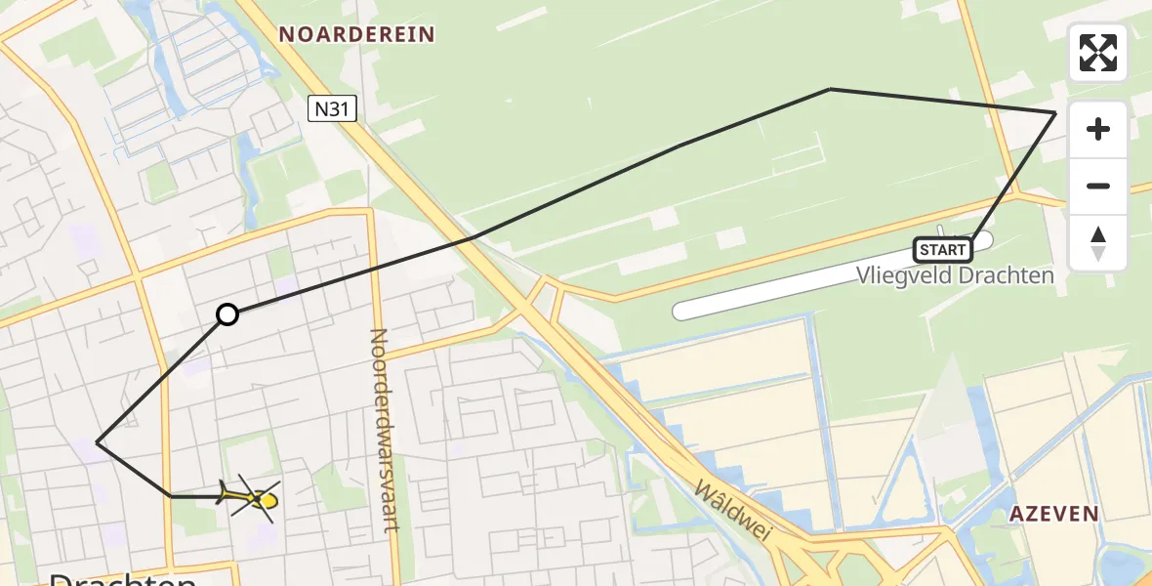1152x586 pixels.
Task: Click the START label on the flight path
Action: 943,250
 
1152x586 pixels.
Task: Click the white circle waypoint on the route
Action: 227,314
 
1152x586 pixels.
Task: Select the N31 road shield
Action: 332,108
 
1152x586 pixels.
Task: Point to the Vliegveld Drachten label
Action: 956,275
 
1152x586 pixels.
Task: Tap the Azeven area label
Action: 1054,514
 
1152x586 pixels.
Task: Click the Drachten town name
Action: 122,578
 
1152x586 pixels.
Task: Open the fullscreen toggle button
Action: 1097,53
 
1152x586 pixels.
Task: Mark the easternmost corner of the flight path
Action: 1055,113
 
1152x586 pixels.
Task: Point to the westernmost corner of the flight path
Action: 97,442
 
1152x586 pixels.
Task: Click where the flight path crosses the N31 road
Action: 471,238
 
